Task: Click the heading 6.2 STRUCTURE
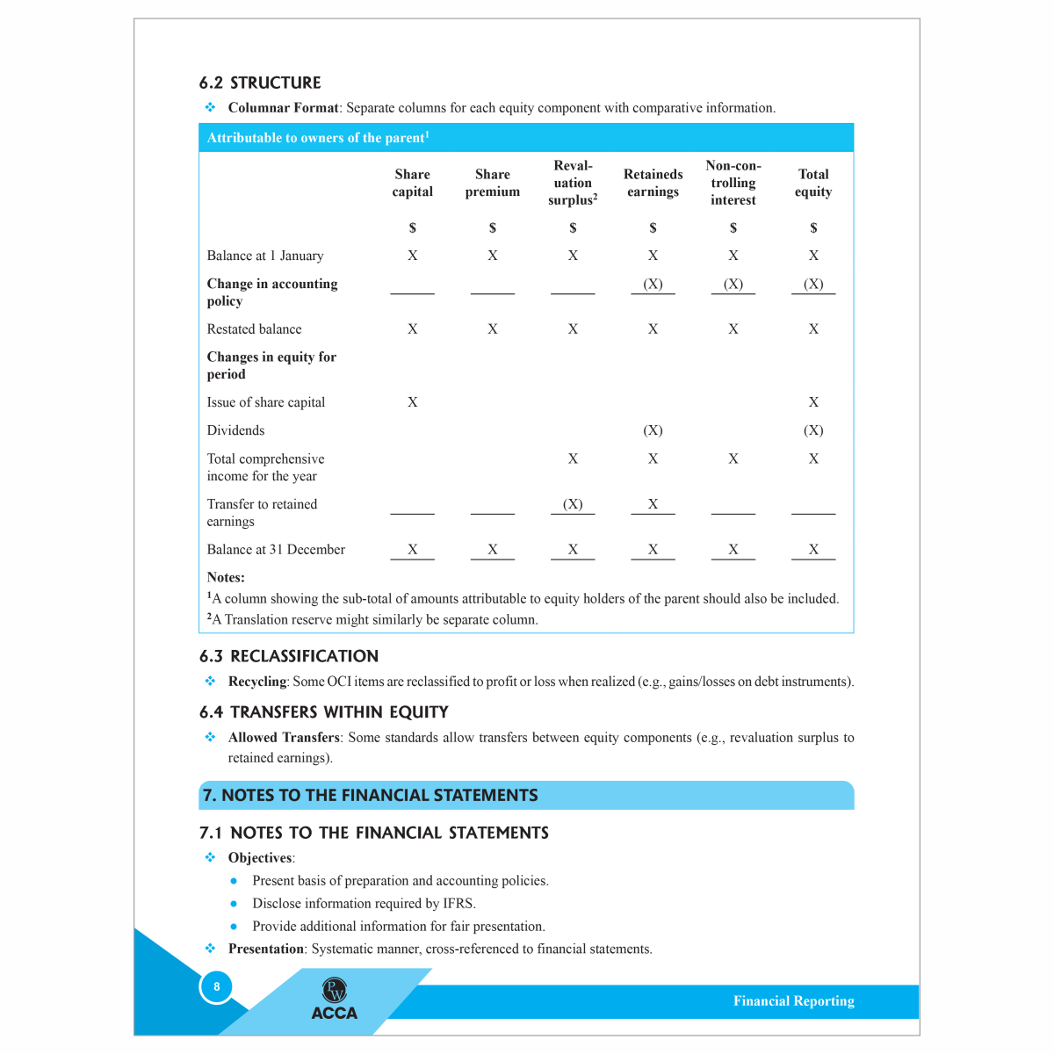point(260,83)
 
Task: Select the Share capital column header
point(412,183)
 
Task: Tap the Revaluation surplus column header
point(573,183)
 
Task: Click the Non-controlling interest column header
point(733,183)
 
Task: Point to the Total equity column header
point(813,183)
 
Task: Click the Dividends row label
point(235,430)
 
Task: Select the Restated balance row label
point(254,329)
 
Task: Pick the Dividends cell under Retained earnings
point(653,430)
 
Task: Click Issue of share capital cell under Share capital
point(412,402)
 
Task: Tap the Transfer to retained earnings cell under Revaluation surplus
point(573,504)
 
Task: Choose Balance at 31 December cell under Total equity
point(813,550)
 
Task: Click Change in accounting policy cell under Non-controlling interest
point(733,284)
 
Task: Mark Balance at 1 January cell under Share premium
point(492,256)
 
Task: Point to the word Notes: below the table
point(226,577)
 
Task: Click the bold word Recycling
point(257,682)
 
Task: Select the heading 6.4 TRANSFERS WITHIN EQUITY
point(323,712)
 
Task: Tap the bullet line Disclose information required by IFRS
point(364,904)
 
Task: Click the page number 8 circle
point(216,986)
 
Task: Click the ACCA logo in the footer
point(335,1002)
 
